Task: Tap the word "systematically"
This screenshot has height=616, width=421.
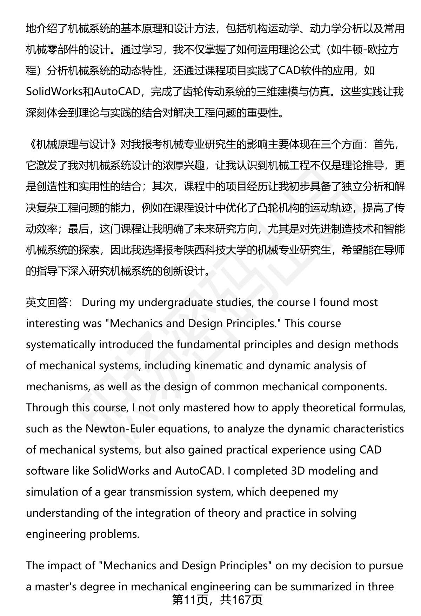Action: (60, 345)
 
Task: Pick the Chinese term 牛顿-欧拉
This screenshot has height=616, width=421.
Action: (362, 50)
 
